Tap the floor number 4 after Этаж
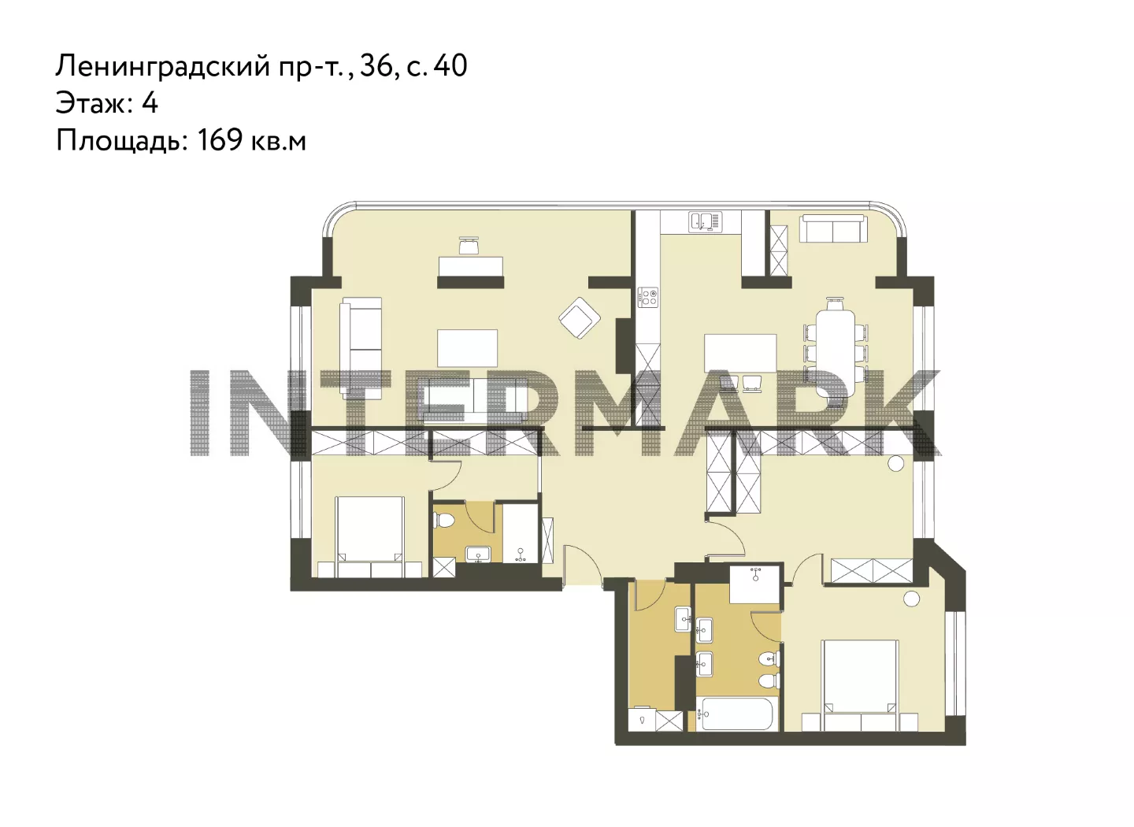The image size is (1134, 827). [x=150, y=103]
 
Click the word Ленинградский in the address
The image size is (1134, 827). [x=163, y=67]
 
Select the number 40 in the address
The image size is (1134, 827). [x=450, y=66]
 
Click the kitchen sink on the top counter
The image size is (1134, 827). [x=706, y=222]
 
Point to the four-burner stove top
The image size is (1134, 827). [x=648, y=297]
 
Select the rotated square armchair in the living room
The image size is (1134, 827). [x=580, y=317]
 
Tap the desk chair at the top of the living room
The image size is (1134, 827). [x=469, y=246]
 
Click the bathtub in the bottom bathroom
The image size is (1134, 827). [x=737, y=714]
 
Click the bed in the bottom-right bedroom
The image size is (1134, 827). [x=860, y=685]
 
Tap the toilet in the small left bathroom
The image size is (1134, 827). [x=444, y=520]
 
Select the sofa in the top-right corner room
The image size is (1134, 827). [x=832, y=229]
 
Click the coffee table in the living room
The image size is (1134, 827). [x=467, y=348]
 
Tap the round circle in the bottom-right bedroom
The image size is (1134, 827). [x=911, y=599]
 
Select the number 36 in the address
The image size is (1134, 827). [x=376, y=67]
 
